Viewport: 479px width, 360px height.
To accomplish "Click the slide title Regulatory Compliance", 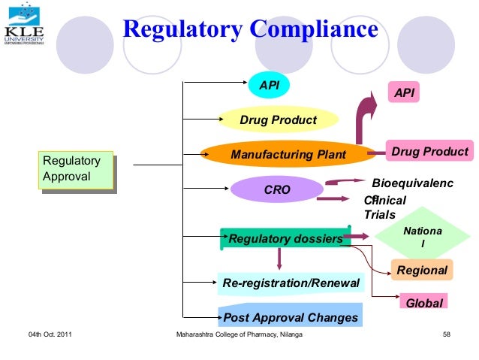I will tap(250, 29).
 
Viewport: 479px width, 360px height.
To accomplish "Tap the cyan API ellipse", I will tap(269, 86).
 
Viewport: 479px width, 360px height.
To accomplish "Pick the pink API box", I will tap(403, 92).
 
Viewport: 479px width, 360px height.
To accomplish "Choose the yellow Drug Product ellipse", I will tap(278, 119).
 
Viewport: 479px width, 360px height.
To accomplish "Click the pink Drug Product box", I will tap(429, 152).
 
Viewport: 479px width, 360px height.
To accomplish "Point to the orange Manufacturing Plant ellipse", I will tap(288, 155).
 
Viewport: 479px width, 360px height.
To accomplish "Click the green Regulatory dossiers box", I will tap(285, 238).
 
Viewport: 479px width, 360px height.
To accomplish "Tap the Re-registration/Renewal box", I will tap(291, 283).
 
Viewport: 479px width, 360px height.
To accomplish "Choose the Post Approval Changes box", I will tap(290, 316).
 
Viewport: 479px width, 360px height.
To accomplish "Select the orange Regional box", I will tap(421, 270).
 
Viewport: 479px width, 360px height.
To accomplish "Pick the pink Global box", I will tap(423, 302).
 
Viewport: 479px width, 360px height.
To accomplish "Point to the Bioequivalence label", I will tap(412, 183).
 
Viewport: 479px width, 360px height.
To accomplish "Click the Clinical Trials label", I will tap(384, 207).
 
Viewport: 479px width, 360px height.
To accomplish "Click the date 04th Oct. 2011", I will tap(50, 334).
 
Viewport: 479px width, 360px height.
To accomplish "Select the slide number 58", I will tap(449, 334).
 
